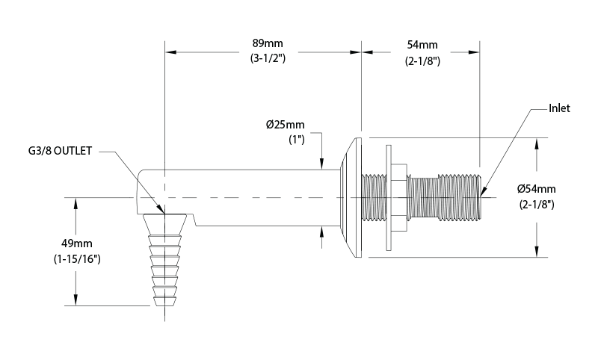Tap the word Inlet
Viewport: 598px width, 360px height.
point(558,108)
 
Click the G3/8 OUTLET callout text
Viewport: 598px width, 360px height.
point(58,152)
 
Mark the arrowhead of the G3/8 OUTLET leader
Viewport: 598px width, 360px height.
point(162,211)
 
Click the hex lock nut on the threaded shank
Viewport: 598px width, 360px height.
point(398,197)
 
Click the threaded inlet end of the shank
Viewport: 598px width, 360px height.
point(471,197)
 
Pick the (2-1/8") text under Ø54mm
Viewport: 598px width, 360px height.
point(537,205)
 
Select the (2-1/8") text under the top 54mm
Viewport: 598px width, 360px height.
point(422,61)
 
